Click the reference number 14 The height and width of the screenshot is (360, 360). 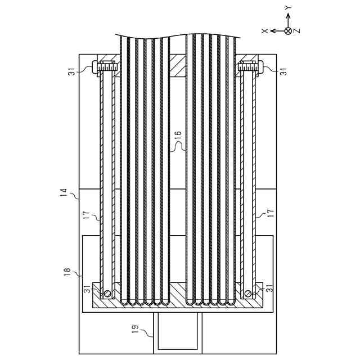coord(64,192)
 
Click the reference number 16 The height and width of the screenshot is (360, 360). coord(178,134)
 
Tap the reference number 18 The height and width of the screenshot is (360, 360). coord(68,272)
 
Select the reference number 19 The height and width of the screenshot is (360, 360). coord(136,328)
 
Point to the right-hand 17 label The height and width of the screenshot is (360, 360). coord(271,213)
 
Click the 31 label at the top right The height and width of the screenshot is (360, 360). coord(284,71)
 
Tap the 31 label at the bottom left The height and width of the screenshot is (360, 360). coord(87,289)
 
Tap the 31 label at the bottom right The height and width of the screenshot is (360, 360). coord(269,288)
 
